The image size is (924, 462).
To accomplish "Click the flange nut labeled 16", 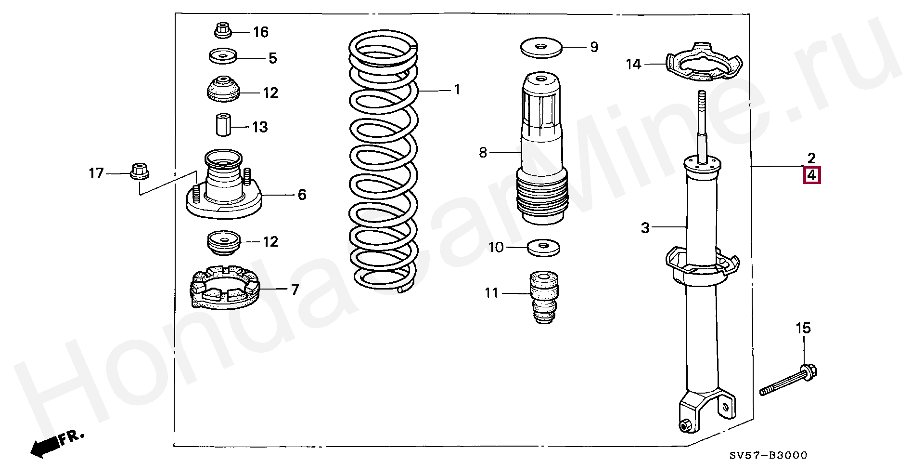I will (222, 30).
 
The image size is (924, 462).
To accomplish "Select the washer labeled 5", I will (223, 56).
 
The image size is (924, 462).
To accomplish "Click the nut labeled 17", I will (140, 171).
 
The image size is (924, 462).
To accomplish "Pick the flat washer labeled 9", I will (541, 47).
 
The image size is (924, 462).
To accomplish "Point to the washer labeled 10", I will (543, 248).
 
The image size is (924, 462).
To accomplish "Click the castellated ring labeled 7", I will (224, 288).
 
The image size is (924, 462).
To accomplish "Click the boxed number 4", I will (811, 175).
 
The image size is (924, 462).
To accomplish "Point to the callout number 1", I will (457, 90).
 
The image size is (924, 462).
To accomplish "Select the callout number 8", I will (483, 153).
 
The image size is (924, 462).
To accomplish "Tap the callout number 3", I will (645, 227).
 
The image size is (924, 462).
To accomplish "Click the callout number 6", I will (302, 195).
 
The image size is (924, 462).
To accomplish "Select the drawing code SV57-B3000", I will (768, 455).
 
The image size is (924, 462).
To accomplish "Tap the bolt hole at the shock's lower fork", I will (684, 425).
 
